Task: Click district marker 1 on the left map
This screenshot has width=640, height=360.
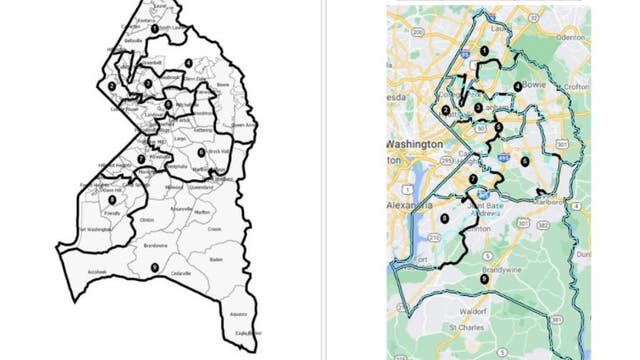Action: [153, 29]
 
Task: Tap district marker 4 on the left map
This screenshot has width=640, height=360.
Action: [189, 63]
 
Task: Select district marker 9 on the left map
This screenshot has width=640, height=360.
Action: [154, 267]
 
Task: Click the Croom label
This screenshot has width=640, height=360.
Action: [214, 229]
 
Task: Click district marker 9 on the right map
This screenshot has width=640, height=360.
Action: [483, 279]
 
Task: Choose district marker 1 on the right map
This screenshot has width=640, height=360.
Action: [483, 49]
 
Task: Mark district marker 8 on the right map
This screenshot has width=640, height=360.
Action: [444, 218]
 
